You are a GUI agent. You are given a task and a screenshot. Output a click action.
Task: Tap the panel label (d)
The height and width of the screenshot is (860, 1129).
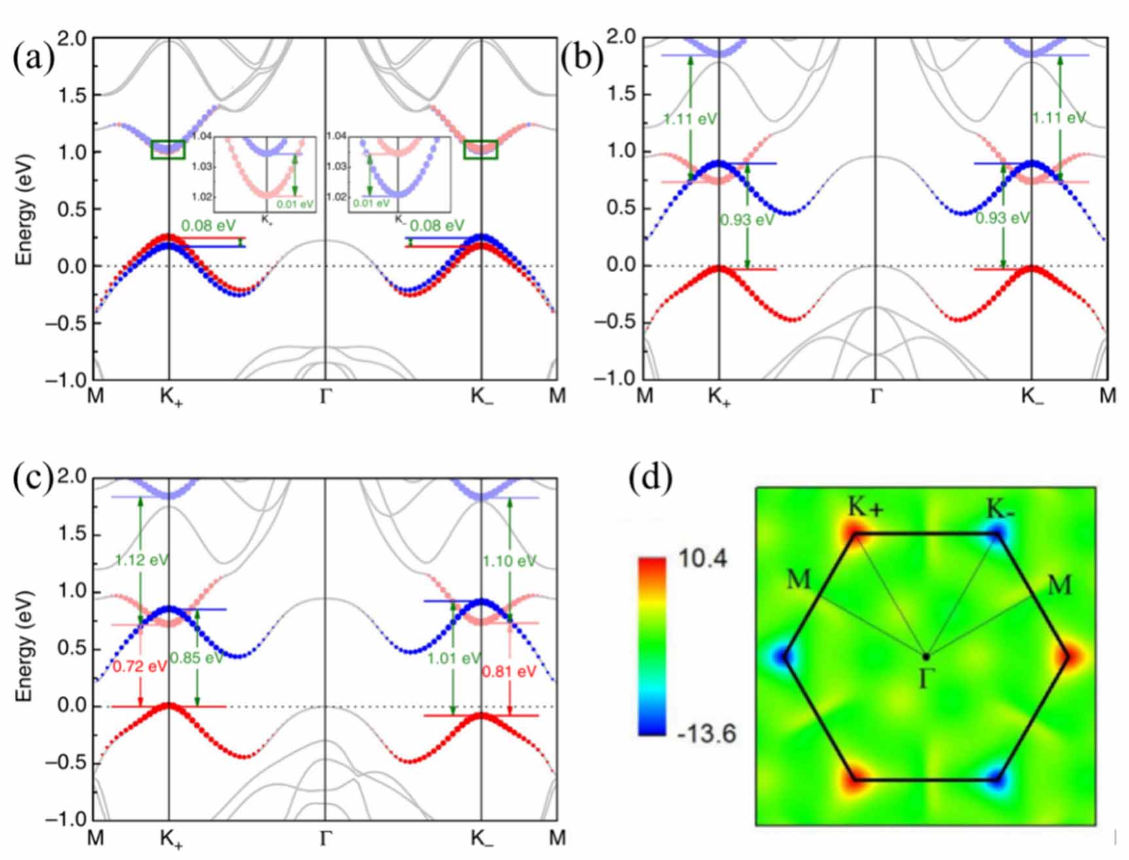(x=650, y=479)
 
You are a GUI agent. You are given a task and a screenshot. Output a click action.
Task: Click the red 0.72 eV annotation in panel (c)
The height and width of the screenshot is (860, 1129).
(x=139, y=667)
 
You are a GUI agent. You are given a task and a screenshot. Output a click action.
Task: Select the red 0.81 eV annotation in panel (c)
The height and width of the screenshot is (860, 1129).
(x=509, y=672)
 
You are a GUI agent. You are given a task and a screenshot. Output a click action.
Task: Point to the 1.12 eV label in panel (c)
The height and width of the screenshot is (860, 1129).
(x=141, y=560)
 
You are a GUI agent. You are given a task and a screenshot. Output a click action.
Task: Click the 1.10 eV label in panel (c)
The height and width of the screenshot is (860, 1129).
(x=509, y=561)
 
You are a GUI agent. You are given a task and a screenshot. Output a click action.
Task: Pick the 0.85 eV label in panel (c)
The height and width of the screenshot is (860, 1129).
(x=196, y=658)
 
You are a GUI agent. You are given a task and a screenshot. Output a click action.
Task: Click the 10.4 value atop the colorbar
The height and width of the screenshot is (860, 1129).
(x=702, y=560)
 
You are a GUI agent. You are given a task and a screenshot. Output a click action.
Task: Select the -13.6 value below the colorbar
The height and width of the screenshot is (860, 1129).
(x=706, y=734)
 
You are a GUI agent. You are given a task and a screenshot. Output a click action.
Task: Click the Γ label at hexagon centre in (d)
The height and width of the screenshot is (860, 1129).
(x=923, y=680)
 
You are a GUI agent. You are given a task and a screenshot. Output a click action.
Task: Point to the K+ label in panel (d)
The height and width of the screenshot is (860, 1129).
(x=865, y=507)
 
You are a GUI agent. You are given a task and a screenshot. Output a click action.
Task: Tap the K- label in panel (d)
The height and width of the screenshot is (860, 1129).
(x=1000, y=509)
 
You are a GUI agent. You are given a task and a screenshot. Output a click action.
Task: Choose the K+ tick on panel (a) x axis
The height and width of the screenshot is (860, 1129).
(x=171, y=397)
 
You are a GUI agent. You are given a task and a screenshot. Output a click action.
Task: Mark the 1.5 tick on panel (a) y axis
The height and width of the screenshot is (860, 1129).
(x=72, y=95)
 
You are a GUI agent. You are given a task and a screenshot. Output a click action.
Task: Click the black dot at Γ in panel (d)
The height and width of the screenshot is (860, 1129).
(x=926, y=656)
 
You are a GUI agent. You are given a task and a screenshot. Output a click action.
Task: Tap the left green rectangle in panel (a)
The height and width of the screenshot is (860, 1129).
(x=168, y=150)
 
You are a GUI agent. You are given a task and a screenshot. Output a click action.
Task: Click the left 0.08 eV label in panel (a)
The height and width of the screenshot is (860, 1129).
(x=208, y=226)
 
